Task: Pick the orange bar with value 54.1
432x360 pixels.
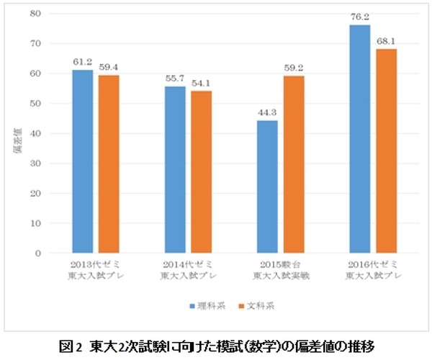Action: tap(202, 172)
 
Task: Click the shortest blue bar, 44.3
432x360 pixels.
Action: tap(267, 186)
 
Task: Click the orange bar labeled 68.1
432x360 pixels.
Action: tap(386, 151)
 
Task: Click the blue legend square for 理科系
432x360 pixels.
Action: tap(192, 306)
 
